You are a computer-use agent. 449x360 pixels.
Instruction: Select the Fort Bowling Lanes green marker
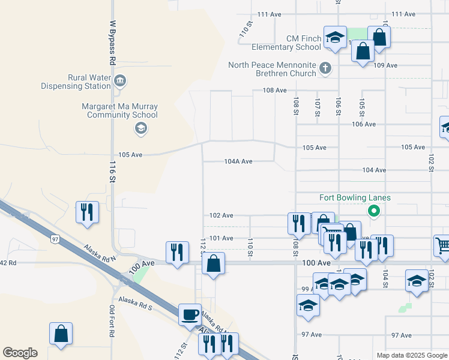pyautogui.click(x=373, y=211)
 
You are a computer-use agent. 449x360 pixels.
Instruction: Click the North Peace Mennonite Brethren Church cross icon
pyautogui.click(x=325, y=68)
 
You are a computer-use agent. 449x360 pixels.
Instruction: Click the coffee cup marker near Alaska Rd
pyautogui.click(x=190, y=314)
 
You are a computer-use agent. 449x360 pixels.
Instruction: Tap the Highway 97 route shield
pyautogui.click(x=55, y=239)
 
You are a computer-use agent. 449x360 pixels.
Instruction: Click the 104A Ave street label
pyautogui.click(x=238, y=161)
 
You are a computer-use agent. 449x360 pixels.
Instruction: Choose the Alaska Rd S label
pyautogui.click(x=136, y=300)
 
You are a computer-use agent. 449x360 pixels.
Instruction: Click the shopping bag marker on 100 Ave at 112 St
pyautogui.click(x=213, y=263)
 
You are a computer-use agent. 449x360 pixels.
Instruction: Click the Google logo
pyautogui.click(x=20, y=353)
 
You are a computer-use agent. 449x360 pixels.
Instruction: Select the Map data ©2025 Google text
pyautogui.click(x=412, y=355)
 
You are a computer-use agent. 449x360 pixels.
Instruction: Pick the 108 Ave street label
pyautogui.click(x=275, y=90)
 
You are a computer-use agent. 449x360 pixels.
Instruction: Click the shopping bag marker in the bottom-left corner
pyautogui.click(x=61, y=334)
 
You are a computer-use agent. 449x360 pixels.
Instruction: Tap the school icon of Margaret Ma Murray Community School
pyautogui.click(x=140, y=127)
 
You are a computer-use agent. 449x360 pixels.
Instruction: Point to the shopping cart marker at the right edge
pyautogui.click(x=442, y=245)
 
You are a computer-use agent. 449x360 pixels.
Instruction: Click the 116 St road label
pyautogui.click(x=112, y=171)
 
